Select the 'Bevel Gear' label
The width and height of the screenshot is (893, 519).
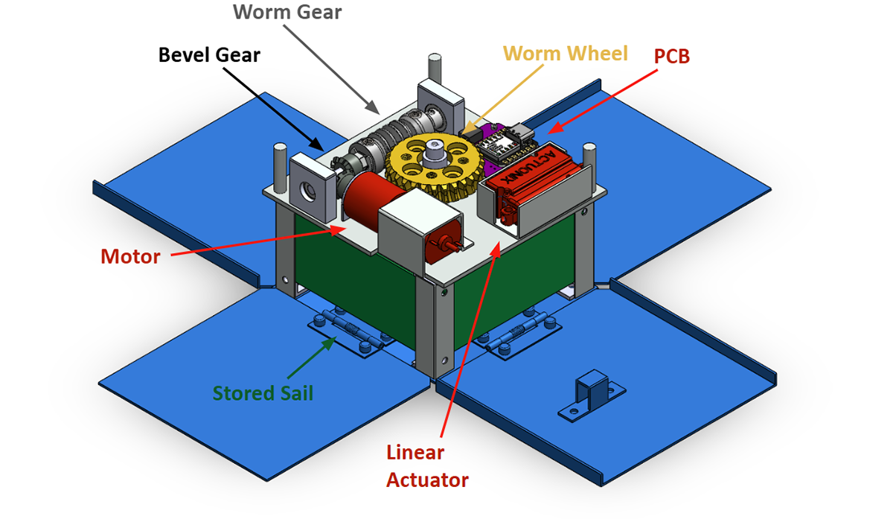point(209,54)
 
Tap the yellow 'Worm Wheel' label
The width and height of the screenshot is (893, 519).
point(565,54)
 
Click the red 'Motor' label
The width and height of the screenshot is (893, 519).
point(130,257)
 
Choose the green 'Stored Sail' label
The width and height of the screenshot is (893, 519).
point(263,392)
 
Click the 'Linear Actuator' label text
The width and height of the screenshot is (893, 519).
point(426,465)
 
